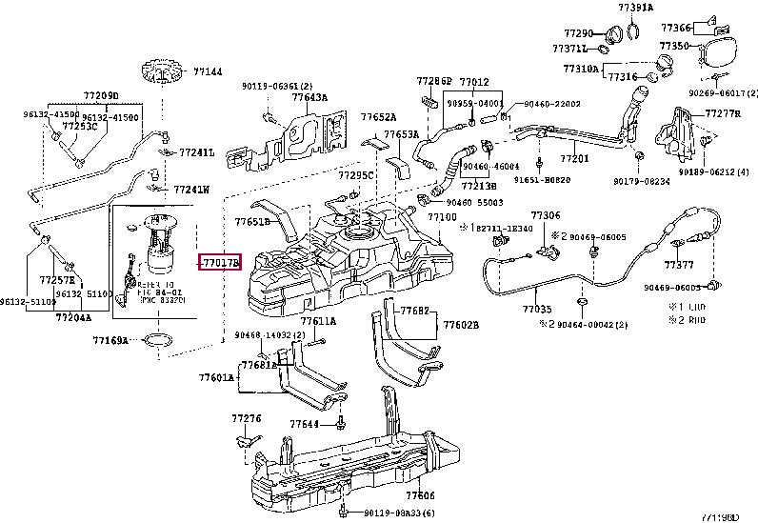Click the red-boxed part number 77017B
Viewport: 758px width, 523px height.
tap(219, 261)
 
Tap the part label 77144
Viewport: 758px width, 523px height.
tap(208, 71)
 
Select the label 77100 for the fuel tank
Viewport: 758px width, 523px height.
tap(441, 217)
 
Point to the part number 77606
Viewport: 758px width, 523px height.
tap(419, 495)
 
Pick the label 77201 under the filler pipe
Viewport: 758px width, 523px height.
tap(574, 158)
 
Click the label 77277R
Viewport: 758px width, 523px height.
tap(723, 113)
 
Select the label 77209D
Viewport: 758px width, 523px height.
tap(100, 96)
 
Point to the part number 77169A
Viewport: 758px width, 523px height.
tap(110, 339)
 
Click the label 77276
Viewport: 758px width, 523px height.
tap(246, 418)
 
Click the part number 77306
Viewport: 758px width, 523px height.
tap(546, 216)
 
